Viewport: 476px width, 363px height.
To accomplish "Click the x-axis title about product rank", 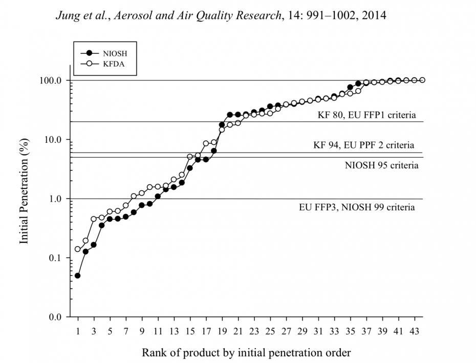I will (246, 352).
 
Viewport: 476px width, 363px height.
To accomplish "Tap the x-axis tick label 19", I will (222, 331).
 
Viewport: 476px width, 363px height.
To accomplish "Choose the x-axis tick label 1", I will (78, 331).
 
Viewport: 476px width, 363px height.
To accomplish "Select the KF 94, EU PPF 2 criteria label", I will (364, 145).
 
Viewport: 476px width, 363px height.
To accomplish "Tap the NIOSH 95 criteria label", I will (381, 165).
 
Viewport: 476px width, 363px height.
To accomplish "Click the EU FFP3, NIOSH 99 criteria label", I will (357, 207).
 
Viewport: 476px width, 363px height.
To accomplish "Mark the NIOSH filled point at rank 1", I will (78, 275).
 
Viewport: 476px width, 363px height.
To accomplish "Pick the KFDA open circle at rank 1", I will (78, 249).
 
